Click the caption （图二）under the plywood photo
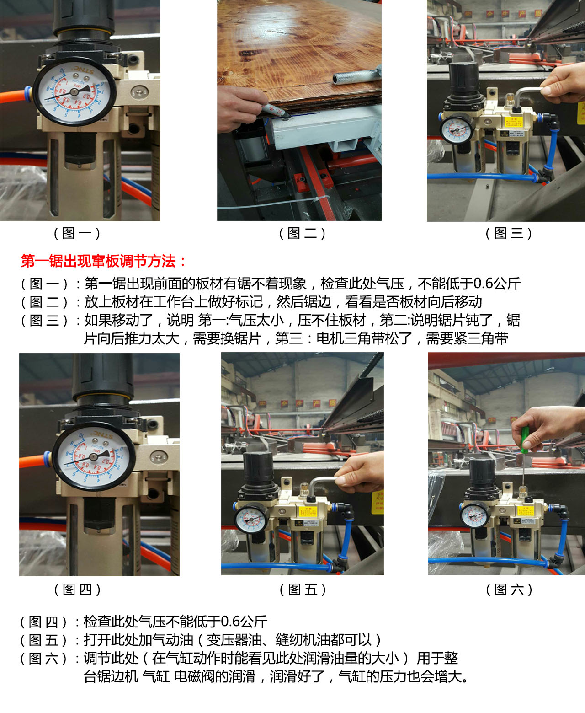[x=302, y=233]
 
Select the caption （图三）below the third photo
[x=509, y=233]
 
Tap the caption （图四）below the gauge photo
[x=77, y=590]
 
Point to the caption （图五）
[x=303, y=590]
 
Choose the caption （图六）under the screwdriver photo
[x=509, y=590]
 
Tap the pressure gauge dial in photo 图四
[x=93, y=457]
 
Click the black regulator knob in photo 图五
[x=259, y=468]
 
